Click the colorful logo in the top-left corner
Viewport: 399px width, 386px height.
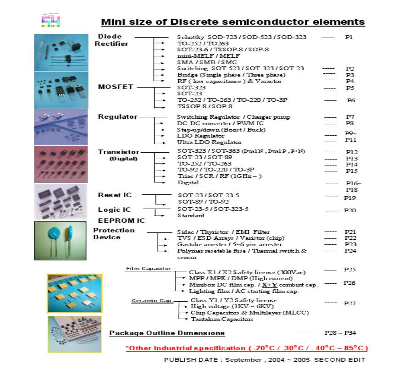(51, 20)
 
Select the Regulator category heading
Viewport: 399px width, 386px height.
(117, 116)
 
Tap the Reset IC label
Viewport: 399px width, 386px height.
(115, 195)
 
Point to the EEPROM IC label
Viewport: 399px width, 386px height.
(122, 221)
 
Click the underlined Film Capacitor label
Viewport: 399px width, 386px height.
(149, 268)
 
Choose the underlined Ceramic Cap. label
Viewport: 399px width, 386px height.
(152, 301)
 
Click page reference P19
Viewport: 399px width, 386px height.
(350, 198)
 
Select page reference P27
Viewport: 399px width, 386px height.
(350, 303)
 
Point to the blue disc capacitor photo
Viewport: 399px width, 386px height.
(60, 241)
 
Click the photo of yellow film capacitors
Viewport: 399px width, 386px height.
(75, 292)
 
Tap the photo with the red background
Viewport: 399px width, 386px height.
(60, 164)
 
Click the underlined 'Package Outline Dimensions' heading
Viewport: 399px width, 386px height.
(167, 333)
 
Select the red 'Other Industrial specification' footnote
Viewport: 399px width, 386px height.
(247, 348)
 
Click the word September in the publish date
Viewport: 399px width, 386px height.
(241, 360)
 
